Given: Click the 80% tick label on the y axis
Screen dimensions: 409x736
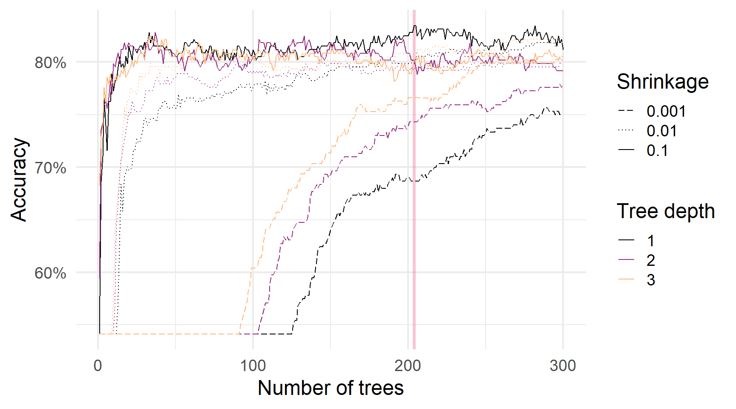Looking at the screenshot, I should click(50, 63).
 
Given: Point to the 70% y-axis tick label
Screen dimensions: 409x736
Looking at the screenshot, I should click(50, 168).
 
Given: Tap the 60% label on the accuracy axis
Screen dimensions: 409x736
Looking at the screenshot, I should click(50, 273).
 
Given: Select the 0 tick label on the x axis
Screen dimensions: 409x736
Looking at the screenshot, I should click(98, 366).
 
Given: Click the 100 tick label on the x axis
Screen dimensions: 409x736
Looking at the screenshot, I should click(253, 366).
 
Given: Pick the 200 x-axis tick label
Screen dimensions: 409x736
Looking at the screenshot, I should click(408, 366).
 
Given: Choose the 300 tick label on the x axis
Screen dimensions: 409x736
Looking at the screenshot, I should click(563, 366).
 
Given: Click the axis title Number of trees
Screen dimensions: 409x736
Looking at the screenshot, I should click(331, 388).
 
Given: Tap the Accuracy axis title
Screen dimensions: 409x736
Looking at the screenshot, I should click(19, 179).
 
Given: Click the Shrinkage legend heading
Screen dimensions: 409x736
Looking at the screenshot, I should click(662, 81).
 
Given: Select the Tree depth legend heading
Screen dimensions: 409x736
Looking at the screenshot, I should click(665, 211).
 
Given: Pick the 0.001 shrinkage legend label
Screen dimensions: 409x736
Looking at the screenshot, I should click(666, 111).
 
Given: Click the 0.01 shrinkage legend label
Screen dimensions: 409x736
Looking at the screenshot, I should click(661, 131).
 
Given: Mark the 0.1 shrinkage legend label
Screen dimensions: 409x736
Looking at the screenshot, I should click(657, 150).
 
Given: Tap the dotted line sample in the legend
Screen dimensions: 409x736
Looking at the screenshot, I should click(626, 131).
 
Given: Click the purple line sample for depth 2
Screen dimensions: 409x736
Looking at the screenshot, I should click(626, 260).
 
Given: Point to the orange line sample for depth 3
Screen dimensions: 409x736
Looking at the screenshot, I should click(626, 279).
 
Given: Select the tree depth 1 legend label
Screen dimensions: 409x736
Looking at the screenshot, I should click(650, 241).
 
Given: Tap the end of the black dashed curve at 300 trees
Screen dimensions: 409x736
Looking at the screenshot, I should click(560, 114).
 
